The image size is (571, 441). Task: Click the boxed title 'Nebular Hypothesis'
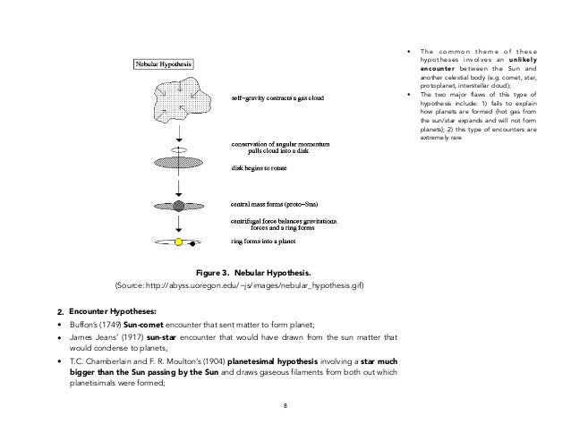(x=167, y=64)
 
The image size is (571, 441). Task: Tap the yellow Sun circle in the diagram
(x=178, y=242)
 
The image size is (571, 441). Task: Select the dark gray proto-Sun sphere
(x=178, y=206)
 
